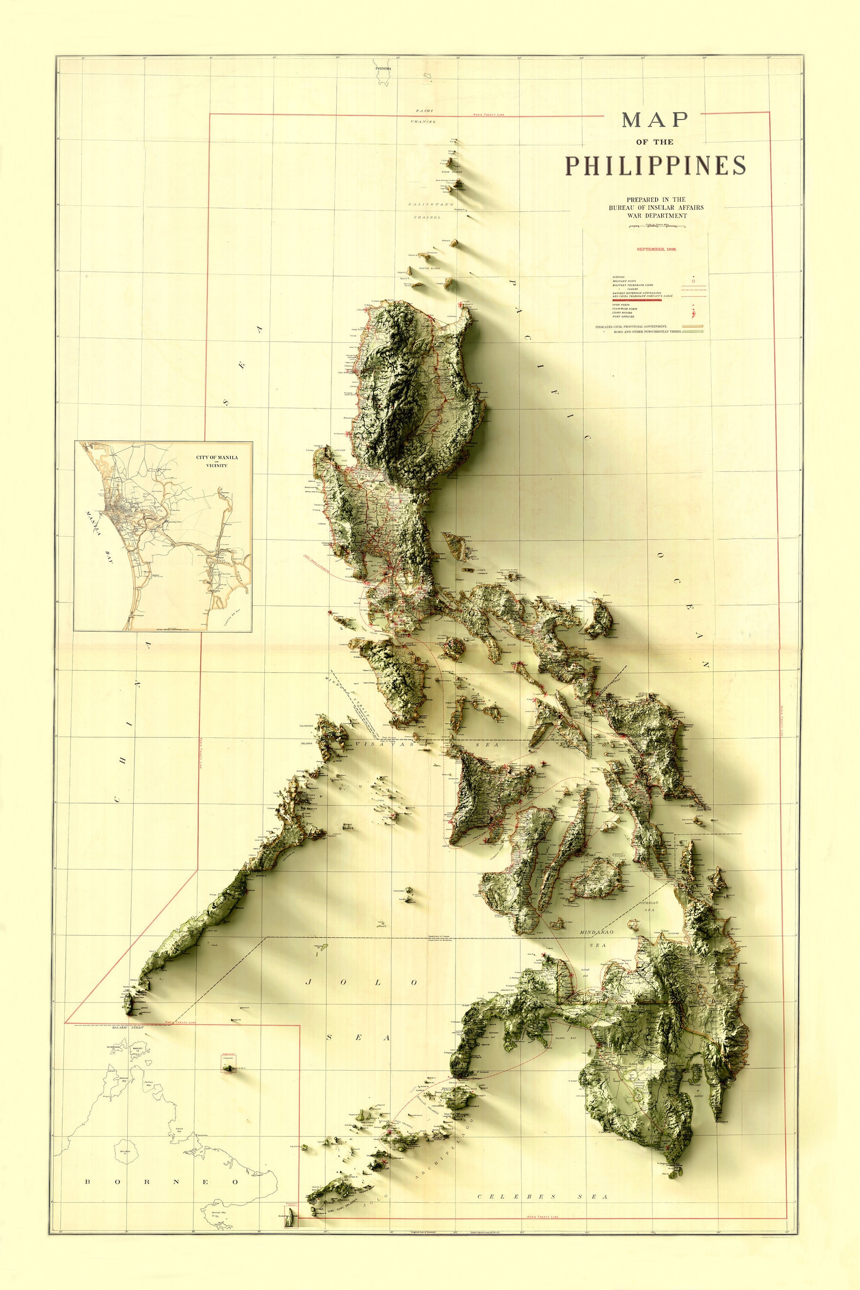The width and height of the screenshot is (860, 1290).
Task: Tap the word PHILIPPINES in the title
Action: [655, 166]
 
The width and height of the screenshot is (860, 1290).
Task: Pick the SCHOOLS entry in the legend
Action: [618, 277]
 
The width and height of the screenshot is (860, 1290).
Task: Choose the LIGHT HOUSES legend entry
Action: [622, 313]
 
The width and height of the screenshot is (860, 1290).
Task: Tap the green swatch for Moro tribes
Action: [693, 332]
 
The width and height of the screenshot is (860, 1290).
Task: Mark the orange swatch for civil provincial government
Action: [693, 327]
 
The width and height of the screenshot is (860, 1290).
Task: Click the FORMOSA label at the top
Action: [382, 69]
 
